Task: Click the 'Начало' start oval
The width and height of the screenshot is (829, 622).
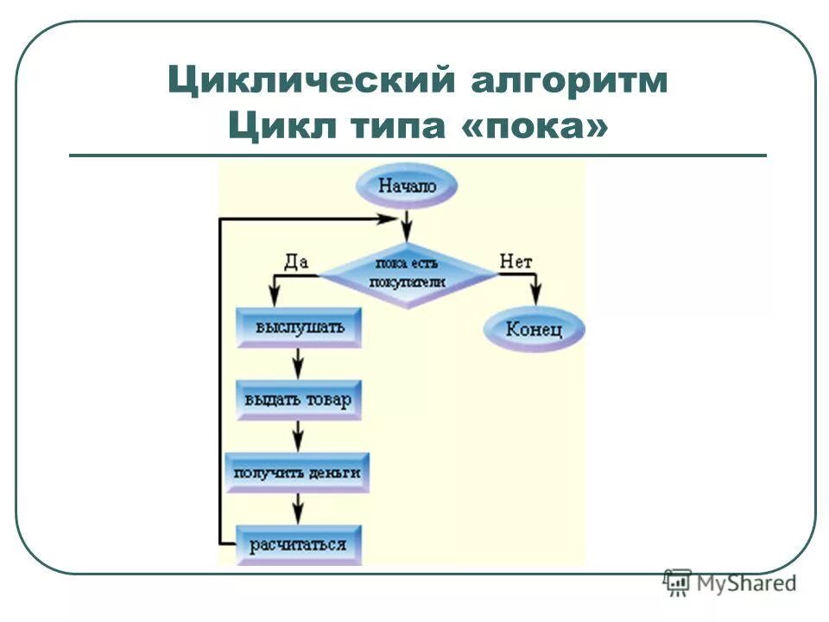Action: pos(406,185)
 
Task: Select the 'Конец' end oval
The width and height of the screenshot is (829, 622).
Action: pos(534,329)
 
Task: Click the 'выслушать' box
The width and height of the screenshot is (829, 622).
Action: pos(298,328)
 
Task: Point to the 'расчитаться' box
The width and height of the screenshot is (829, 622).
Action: pos(298,544)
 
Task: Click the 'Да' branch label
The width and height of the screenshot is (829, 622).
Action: pos(296,260)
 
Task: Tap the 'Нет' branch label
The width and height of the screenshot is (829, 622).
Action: pos(516,260)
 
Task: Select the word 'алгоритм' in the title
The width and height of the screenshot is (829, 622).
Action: pos(570,82)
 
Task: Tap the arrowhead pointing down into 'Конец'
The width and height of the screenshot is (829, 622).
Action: pos(535,296)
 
